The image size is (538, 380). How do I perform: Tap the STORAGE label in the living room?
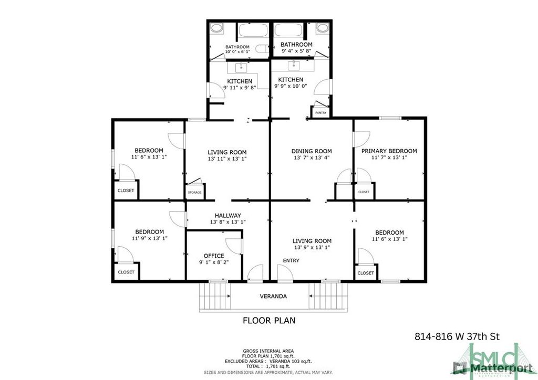194,193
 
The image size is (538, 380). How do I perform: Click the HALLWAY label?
227,215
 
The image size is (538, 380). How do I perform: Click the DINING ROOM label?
312,151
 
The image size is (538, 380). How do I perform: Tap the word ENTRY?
291,261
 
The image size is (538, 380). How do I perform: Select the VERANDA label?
273,296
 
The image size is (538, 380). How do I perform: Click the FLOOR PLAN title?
269,320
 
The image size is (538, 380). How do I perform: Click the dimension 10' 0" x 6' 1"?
237,52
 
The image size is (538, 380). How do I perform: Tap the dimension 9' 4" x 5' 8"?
296,51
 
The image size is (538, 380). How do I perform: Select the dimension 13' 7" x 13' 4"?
312,157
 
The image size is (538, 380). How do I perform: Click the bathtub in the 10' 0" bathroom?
253,31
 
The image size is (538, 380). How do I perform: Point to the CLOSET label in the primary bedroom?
364,192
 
